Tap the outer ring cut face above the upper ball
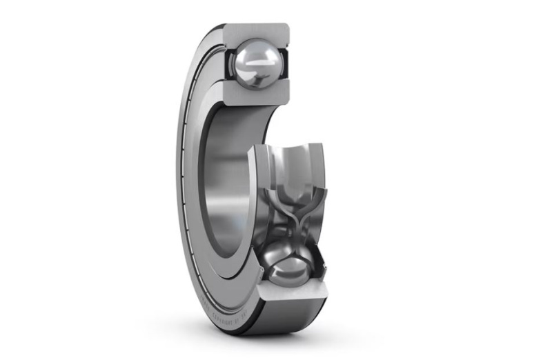[x=255, y=32]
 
